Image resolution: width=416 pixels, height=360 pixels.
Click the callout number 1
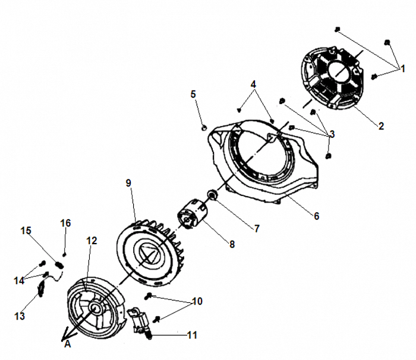pos(402,69)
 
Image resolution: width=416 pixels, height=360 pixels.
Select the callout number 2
pos(381,125)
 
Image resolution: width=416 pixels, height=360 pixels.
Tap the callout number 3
pos(332,134)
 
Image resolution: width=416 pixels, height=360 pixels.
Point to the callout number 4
pos(254,84)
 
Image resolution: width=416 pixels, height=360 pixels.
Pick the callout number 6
pos(316,216)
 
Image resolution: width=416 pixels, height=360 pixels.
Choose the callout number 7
pos(257,228)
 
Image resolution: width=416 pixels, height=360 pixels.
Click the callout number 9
pos(128,183)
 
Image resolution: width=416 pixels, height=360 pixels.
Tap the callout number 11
pos(191,335)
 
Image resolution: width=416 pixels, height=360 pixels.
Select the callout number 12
pos(91,241)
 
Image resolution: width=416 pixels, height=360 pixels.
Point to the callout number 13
pos(20,316)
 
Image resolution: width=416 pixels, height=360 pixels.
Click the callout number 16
pos(65,223)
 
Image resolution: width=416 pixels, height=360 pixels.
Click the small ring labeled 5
pos(203,127)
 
